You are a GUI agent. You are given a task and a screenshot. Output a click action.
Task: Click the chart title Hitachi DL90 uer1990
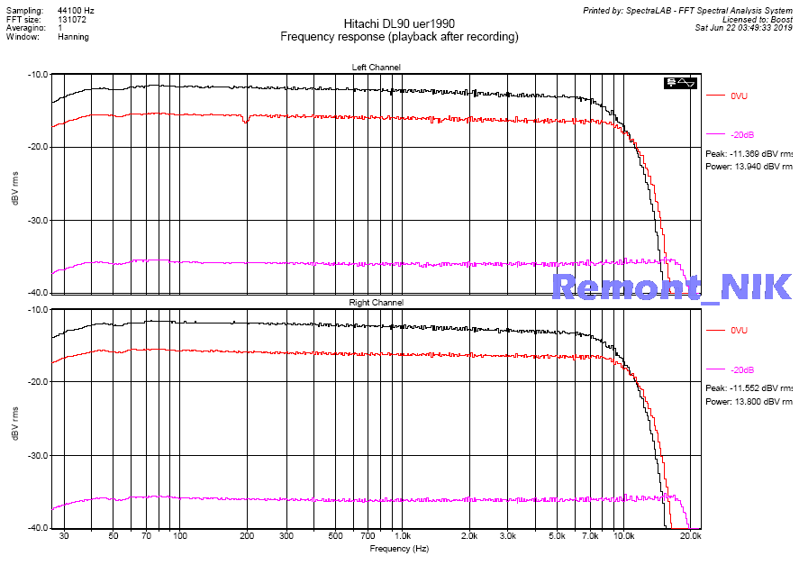[399, 23]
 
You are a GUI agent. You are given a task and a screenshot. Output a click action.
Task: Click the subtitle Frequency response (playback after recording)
[399, 37]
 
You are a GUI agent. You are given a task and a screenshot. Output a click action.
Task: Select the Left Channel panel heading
[376, 68]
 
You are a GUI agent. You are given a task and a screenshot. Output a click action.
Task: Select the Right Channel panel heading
[376, 303]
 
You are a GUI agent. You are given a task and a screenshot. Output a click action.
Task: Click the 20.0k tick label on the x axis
[690, 535]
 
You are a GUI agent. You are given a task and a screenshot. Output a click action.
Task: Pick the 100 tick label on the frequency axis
[179, 535]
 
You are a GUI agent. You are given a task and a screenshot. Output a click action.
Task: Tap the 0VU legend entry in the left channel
[740, 95]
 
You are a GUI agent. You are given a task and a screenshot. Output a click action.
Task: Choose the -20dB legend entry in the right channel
[742, 370]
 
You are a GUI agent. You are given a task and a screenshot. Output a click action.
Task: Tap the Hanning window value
[73, 37]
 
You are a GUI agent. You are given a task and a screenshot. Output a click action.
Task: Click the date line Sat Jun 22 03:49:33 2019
[743, 28]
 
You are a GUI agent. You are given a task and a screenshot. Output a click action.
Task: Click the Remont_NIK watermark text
[671, 287]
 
